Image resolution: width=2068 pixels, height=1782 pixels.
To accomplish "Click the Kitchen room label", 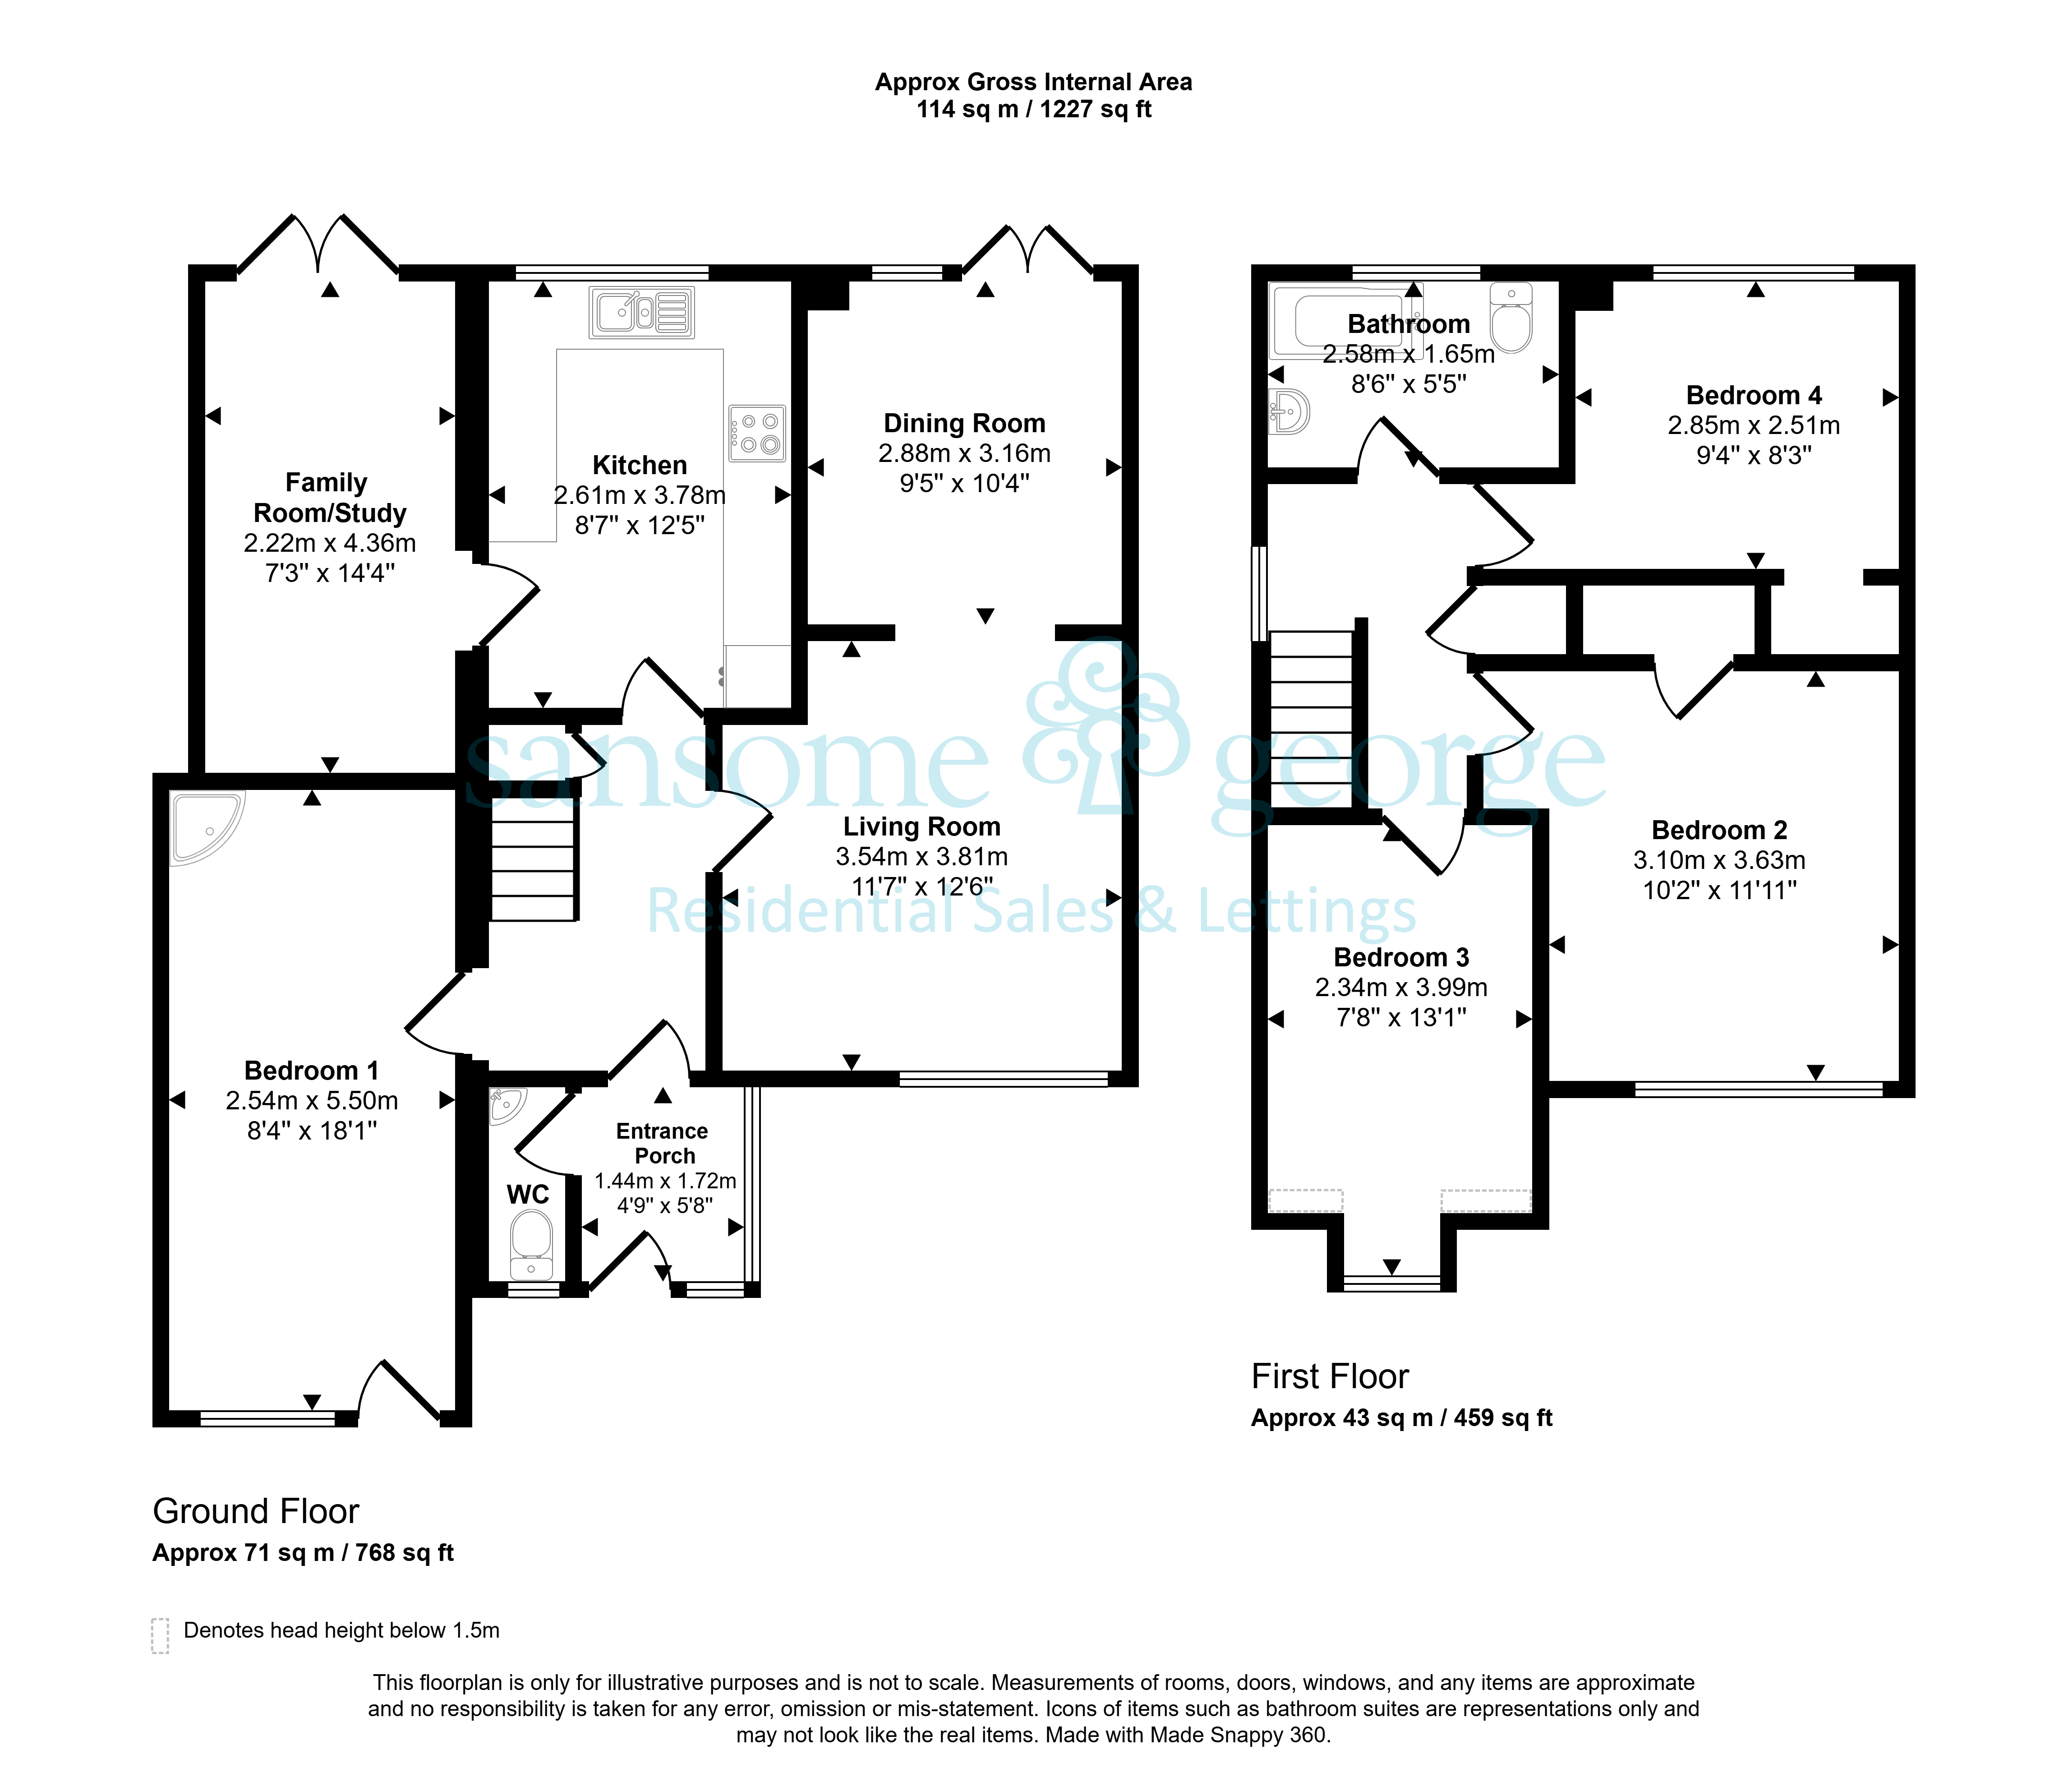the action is point(640,465).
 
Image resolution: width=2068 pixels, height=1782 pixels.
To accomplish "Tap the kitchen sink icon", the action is point(642,313).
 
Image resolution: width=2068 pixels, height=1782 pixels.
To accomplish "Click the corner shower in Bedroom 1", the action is point(207,827).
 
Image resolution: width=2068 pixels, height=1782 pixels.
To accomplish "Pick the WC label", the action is point(528,1195).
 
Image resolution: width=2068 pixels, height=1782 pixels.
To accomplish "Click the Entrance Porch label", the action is point(663,1143).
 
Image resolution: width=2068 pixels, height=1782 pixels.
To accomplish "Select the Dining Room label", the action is point(964,423).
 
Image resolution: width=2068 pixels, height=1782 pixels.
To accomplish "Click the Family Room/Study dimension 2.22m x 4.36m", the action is point(329,543).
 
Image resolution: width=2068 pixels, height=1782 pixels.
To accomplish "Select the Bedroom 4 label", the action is point(1754,395).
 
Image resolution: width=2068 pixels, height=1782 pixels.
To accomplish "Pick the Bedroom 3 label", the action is point(1401,957).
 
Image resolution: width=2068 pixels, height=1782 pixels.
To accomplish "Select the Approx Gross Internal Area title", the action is point(1033,82).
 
